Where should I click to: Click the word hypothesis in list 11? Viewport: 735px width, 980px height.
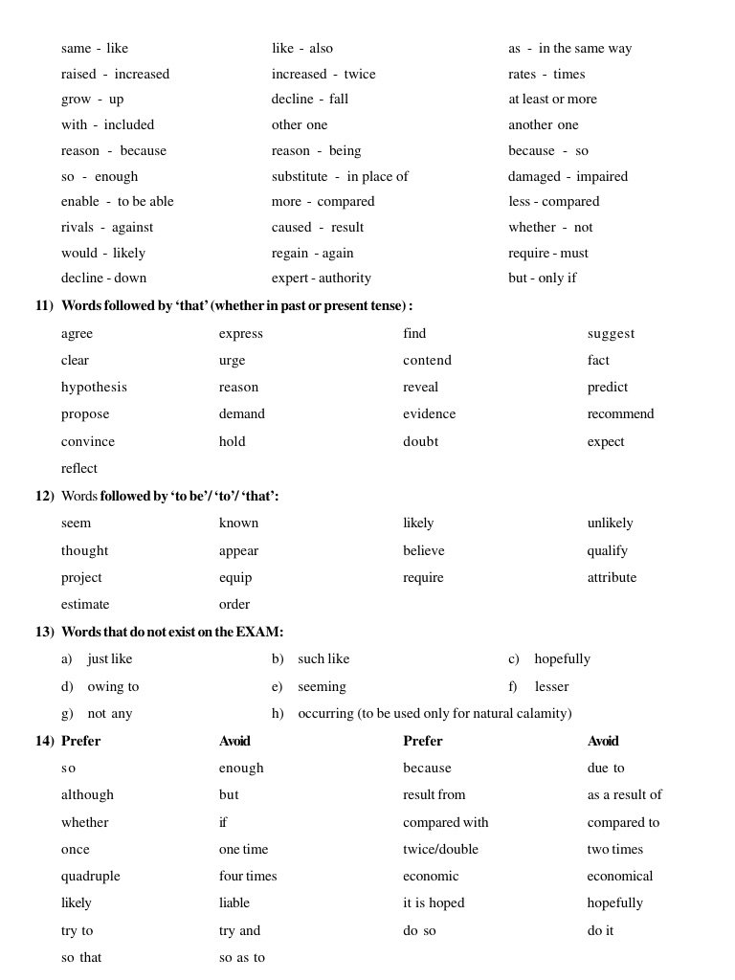[x=94, y=388]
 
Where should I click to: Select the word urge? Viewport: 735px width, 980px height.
[x=232, y=361]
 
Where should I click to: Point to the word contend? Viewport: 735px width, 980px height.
[x=427, y=361]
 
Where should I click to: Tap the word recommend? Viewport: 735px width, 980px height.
[x=620, y=414]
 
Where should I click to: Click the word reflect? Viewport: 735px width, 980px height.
[x=79, y=469]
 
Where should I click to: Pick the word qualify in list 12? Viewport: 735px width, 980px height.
[x=607, y=551]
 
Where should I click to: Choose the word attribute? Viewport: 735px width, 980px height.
[x=612, y=578]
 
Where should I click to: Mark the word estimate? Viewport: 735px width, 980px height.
[x=85, y=605]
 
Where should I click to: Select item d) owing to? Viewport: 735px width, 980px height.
[x=100, y=687]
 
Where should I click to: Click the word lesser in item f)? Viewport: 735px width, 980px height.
[x=551, y=687]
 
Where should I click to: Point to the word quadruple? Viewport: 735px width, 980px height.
[x=91, y=877]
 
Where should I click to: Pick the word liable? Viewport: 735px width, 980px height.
[x=234, y=903]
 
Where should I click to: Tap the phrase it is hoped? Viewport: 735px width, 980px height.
[x=434, y=903]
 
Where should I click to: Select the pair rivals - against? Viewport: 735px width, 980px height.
[x=107, y=228]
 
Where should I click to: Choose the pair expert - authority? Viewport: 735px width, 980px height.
[x=321, y=278]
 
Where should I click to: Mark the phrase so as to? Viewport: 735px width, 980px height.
[x=242, y=958]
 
